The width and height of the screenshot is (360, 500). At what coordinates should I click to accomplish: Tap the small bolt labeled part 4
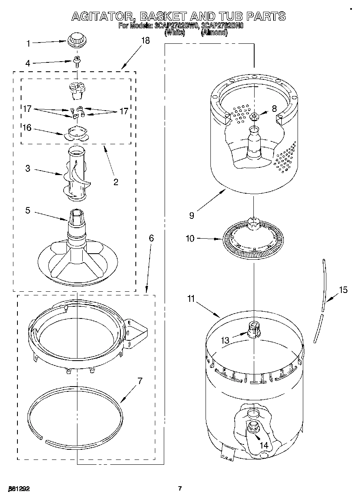(x=77, y=62)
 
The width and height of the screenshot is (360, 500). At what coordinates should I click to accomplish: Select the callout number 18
(x=145, y=41)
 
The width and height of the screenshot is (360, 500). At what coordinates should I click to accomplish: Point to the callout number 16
(x=27, y=128)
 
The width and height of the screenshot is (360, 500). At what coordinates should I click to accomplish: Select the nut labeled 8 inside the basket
(x=254, y=117)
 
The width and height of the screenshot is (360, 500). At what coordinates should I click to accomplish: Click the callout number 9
(x=191, y=216)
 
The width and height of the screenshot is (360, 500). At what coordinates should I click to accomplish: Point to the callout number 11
(x=191, y=299)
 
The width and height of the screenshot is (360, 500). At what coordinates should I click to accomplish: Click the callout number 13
(x=225, y=341)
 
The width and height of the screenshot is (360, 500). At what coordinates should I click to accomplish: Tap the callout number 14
(x=264, y=445)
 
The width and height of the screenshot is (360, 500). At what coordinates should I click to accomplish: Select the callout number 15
(x=343, y=290)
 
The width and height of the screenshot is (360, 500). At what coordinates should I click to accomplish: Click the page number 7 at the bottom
(x=180, y=489)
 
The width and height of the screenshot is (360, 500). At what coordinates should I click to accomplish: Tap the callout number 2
(x=116, y=182)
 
